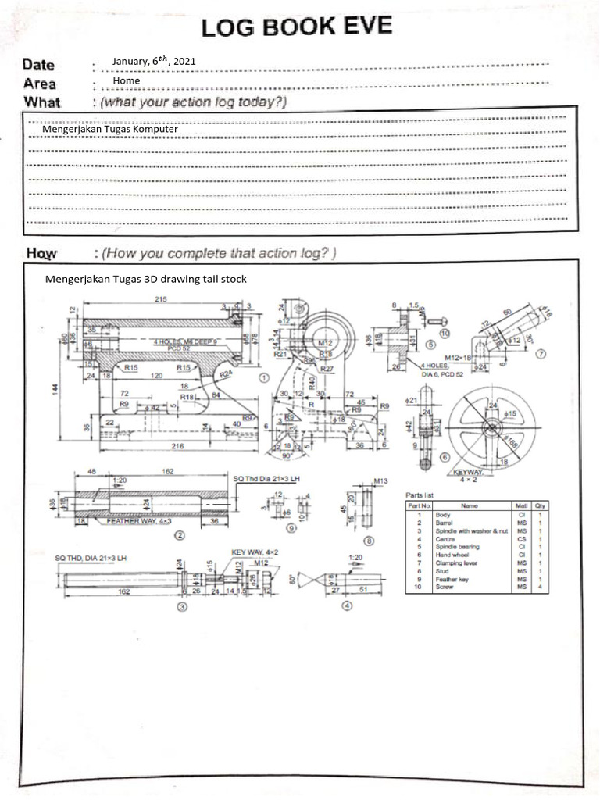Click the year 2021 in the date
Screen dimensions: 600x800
184,61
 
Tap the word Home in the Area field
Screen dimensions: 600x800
126,80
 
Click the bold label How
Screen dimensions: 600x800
43,253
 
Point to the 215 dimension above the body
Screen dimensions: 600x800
162,300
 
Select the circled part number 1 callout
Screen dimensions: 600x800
264,377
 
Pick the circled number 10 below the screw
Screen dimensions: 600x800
445,333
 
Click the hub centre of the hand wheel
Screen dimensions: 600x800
491,425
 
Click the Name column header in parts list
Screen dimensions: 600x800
469,505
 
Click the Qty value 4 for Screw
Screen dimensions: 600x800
540,587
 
